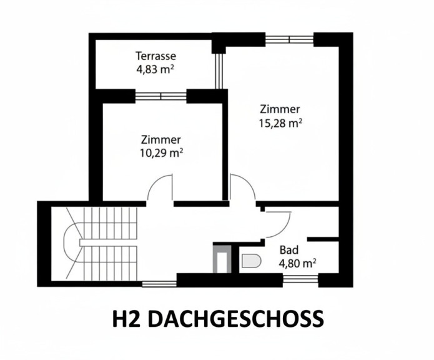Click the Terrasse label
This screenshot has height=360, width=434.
156,56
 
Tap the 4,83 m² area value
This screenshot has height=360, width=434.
155,69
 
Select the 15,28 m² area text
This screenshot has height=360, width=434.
280,123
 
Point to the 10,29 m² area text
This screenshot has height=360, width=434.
162,153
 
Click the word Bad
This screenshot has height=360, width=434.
289,250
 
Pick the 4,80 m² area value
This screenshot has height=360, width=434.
297,263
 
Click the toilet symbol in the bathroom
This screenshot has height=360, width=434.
252,261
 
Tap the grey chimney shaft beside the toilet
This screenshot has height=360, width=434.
222,259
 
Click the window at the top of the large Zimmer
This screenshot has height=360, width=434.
289,39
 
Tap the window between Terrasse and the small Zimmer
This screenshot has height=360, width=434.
161,96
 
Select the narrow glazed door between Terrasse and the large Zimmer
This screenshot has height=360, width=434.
219,71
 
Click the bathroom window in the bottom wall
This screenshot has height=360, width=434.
300,279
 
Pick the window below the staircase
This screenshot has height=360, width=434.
159,284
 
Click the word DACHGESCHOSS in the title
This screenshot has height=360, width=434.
236,319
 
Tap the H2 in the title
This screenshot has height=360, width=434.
127,319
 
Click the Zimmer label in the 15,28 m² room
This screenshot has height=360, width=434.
280,109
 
